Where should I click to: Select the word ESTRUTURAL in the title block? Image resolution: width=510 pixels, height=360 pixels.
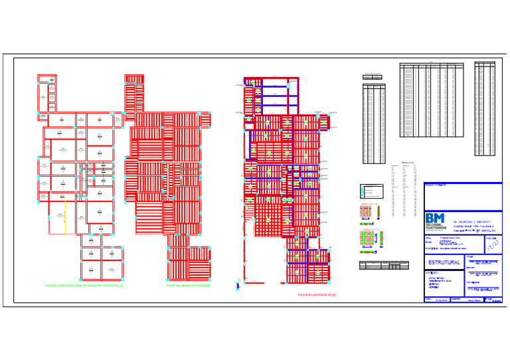(445, 263)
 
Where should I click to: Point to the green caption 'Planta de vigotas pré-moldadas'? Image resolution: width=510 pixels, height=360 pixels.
(188, 286)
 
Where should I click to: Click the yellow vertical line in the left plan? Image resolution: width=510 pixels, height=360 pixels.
(64, 218)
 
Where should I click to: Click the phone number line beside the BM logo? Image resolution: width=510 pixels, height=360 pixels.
(474, 223)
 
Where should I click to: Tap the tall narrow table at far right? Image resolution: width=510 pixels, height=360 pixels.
(485, 108)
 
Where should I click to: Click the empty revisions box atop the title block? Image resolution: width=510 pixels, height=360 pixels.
(463, 197)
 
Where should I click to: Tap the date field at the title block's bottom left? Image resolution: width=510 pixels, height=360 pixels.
(437, 300)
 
